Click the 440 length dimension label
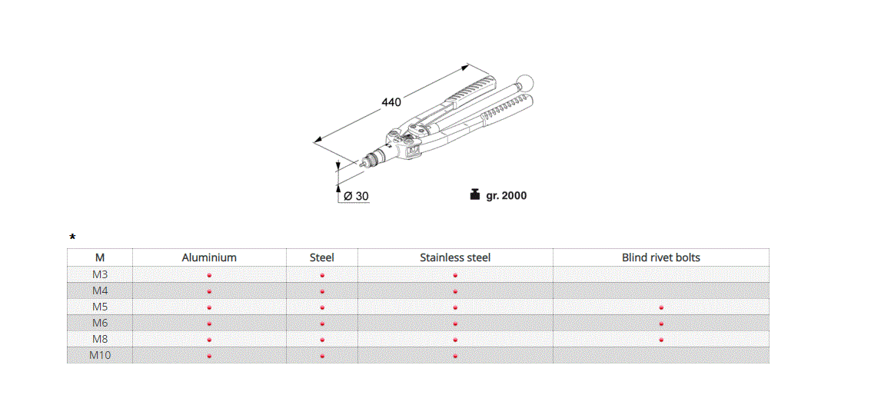[391, 102]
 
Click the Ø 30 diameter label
[356, 196]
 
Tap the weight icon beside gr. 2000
[474, 195]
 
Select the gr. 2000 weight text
[506, 196]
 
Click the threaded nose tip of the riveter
[364, 162]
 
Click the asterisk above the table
[72, 237]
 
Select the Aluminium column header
[209, 257]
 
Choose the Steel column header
[322, 257]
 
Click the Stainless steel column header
[455, 257]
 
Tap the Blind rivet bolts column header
[661, 257]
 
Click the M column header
[100, 257]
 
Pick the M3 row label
[100, 274]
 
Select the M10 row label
[100, 355]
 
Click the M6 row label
[100, 323]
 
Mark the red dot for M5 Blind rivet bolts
[661, 307]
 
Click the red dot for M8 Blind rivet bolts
[661, 340]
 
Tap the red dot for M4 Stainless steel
[455, 291]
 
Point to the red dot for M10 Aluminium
[209, 356]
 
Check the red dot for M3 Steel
[322, 275]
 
